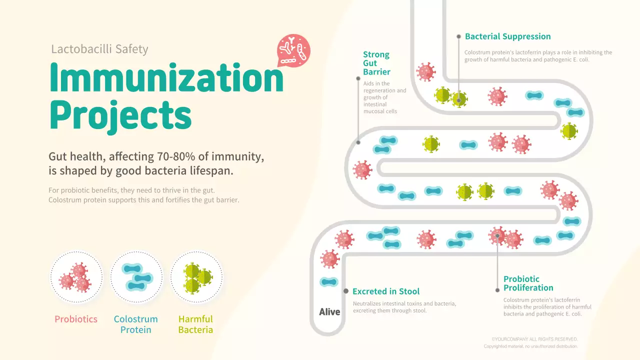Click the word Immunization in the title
[166, 78]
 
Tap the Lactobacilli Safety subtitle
[99, 49]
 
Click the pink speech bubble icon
[293, 50]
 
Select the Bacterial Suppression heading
[507, 36]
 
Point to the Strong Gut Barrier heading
[376, 63]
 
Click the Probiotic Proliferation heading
[528, 283]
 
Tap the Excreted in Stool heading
[385, 291]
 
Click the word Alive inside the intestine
[329, 312]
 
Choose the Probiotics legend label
[76, 319]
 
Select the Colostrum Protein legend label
[135, 324]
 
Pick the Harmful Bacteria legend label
[195, 324]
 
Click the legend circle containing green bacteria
[196, 277]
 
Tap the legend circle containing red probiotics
[76, 277]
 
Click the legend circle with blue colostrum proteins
[136, 277]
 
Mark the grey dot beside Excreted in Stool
[345, 291]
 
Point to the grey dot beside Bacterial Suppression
[458, 36]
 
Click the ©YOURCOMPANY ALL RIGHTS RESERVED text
[534, 339]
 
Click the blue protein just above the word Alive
[329, 282]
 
